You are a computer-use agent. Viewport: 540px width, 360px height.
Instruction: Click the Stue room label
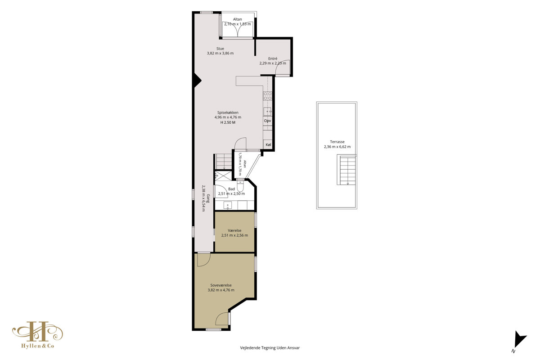[x=220, y=49]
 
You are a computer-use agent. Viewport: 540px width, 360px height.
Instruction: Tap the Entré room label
[x=273, y=58]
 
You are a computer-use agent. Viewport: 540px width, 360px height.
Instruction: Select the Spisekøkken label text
[x=228, y=112]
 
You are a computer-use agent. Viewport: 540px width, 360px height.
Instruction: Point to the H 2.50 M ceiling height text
[x=228, y=122]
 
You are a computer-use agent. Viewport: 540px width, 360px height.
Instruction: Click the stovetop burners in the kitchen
[x=268, y=96]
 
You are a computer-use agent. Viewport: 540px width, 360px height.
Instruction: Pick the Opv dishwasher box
[x=268, y=121]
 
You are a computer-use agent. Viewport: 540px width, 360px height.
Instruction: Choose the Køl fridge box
[x=268, y=145]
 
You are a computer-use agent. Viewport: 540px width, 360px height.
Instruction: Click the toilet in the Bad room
[x=241, y=185]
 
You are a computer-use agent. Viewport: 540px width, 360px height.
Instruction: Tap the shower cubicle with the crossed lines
[x=223, y=176]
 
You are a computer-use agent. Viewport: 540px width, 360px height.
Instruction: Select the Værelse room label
[x=234, y=230]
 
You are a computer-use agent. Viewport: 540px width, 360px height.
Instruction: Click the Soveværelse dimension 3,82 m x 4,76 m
[x=221, y=290]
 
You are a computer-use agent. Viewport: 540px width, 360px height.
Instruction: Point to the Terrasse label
[x=337, y=142]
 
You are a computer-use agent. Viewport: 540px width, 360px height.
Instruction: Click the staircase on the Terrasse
[x=347, y=170]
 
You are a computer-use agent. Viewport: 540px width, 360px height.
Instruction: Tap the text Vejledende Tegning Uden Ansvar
[x=270, y=348]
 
